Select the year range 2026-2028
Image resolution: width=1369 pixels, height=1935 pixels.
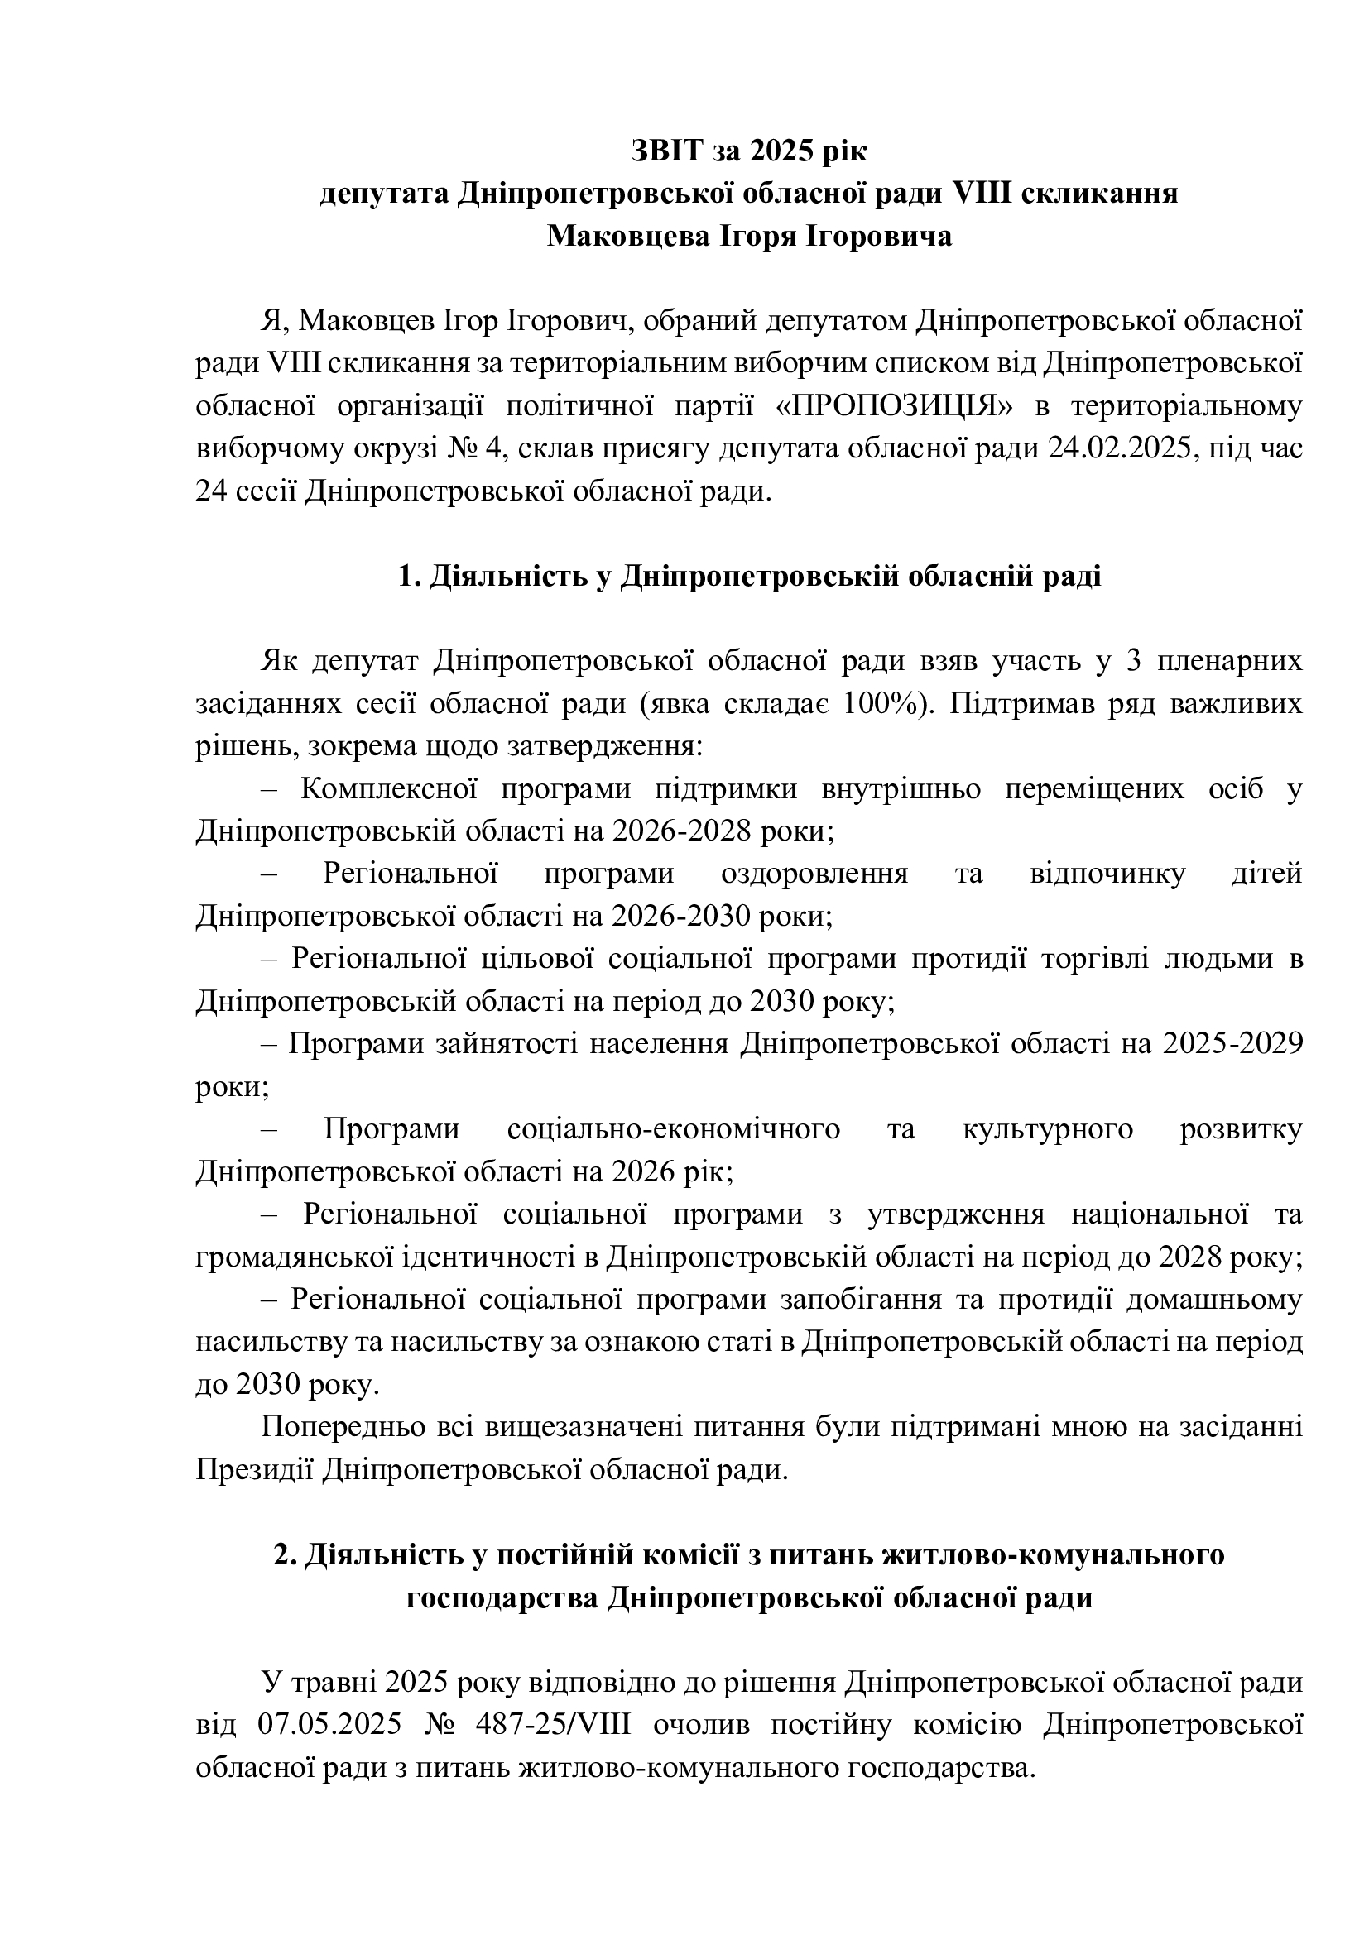681,831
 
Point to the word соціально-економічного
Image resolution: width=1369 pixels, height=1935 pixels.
674,1129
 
